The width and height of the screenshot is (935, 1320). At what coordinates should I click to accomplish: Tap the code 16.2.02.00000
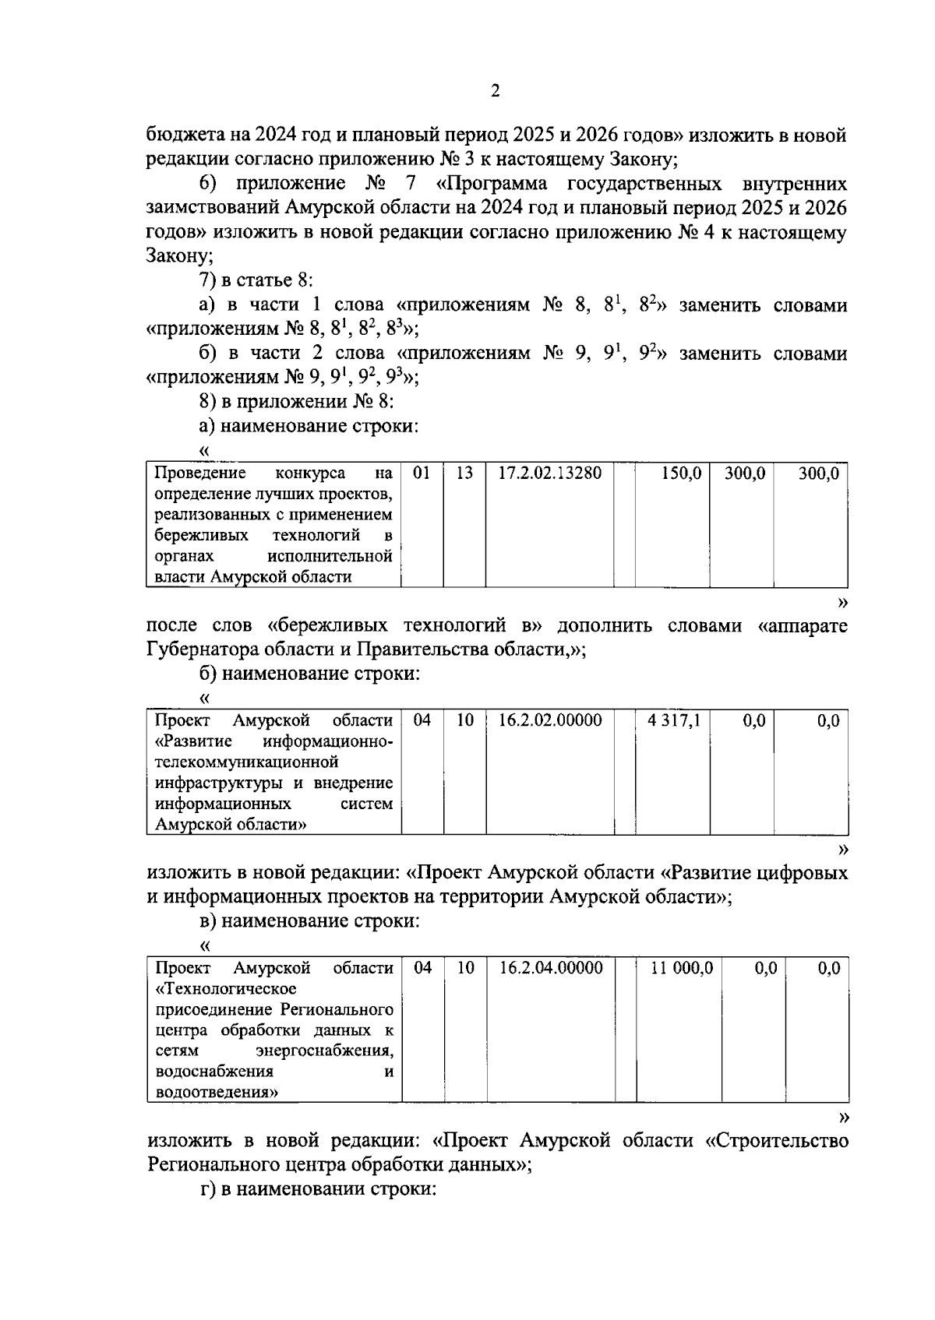[550, 720]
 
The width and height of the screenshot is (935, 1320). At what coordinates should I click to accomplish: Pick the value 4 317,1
[674, 720]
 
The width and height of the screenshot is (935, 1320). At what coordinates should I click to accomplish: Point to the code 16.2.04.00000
[551, 968]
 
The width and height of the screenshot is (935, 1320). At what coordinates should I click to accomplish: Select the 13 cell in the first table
[464, 473]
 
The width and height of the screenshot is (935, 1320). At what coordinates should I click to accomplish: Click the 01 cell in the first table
[422, 473]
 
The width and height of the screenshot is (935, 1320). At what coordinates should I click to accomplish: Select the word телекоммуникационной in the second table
[247, 762]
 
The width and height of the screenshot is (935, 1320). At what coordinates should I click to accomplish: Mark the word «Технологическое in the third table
[226, 989]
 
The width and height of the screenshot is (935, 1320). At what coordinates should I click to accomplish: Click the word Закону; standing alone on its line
[179, 256]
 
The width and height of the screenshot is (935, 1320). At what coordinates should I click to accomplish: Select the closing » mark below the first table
[841, 601]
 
